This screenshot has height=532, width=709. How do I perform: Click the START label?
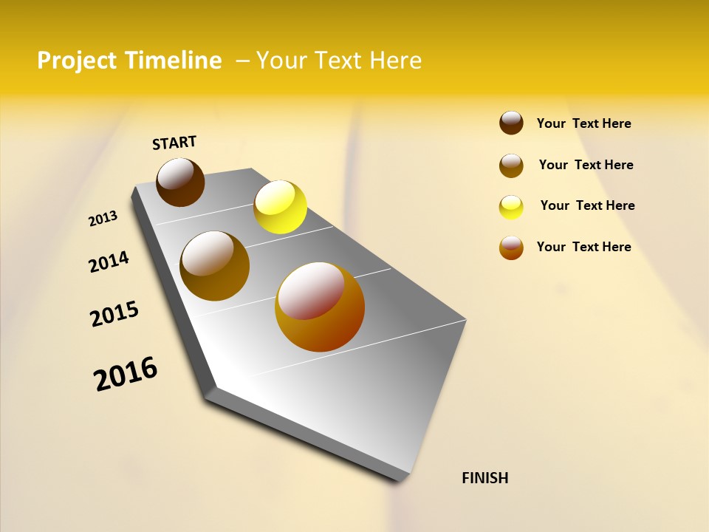tap(174, 143)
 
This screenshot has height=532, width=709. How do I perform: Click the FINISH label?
tap(484, 478)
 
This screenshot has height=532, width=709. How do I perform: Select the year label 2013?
tap(103, 219)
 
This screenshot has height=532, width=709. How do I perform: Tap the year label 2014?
tap(109, 262)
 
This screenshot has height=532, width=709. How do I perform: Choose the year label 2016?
tap(126, 374)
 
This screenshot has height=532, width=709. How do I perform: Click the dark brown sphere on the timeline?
tap(180, 183)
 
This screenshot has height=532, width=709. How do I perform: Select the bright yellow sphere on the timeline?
tap(280, 207)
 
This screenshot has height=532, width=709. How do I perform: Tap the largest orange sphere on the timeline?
tap(320, 307)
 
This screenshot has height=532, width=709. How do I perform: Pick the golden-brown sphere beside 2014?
tap(215, 266)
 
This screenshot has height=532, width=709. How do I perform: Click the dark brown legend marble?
tap(511, 123)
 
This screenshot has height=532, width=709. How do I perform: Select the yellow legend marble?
tap(511, 207)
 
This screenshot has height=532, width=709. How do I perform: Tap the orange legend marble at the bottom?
tap(511, 248)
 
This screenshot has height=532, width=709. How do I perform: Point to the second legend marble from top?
tap(511, 166)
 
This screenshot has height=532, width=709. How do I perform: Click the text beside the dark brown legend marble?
tap(583, 123)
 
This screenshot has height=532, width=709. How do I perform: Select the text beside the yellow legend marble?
tap(587, 205)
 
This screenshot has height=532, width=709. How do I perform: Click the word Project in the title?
tap(77, 61)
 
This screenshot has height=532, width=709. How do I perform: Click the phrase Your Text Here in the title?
tap(339, 61)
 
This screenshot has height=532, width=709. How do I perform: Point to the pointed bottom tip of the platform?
tap(403, 479)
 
